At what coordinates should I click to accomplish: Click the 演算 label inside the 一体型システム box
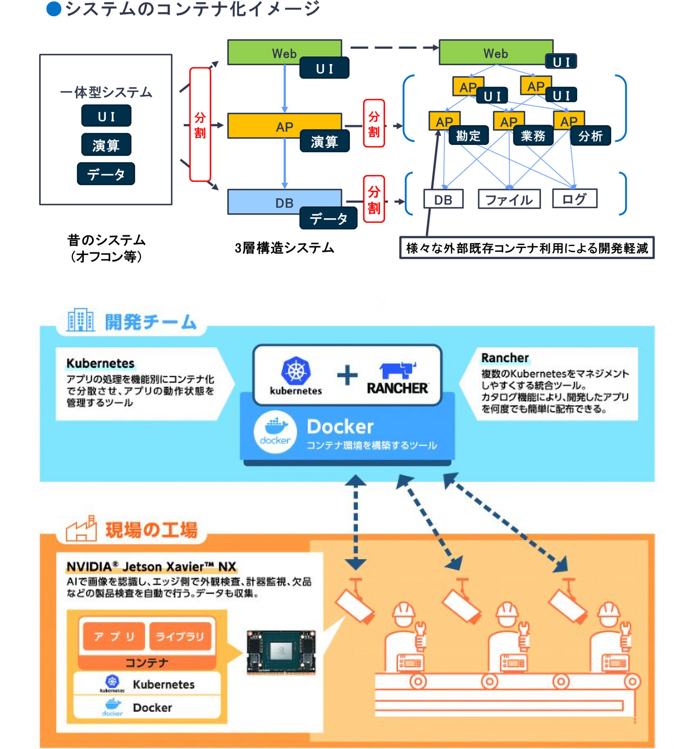(x=106, y=145)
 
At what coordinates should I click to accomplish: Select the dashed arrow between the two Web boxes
(x=393, y=48)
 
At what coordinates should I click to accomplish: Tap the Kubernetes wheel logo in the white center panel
(x=296, y=371)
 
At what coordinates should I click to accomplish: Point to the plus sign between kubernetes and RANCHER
(x=347, y=375)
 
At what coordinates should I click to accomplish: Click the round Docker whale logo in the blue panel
(x=275, y=431)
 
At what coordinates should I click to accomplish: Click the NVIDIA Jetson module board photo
(x=281, y=652)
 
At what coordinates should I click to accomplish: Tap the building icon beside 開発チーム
(x=80, y=320)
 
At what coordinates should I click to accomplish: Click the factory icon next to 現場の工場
(x=81, y=528)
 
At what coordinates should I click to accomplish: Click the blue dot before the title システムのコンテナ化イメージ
(x=54, y=9)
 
